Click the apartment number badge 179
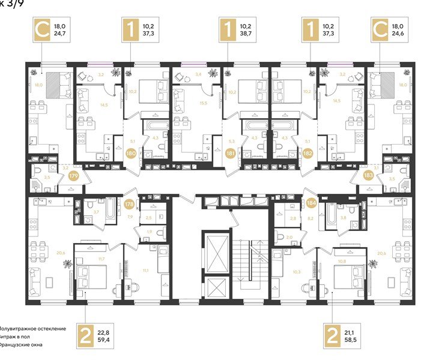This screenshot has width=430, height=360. tap(74, 176)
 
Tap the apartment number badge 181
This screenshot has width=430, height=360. tap(231, 153)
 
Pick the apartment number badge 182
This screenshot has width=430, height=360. tap(306, 153)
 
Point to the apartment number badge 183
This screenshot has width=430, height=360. tap(368, 176)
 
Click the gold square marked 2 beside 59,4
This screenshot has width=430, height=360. tap(86, 335)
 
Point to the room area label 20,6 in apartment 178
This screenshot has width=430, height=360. tap(60, 254)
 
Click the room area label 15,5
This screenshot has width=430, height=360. tap(202, 104)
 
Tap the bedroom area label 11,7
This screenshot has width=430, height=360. tap(101, 258)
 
